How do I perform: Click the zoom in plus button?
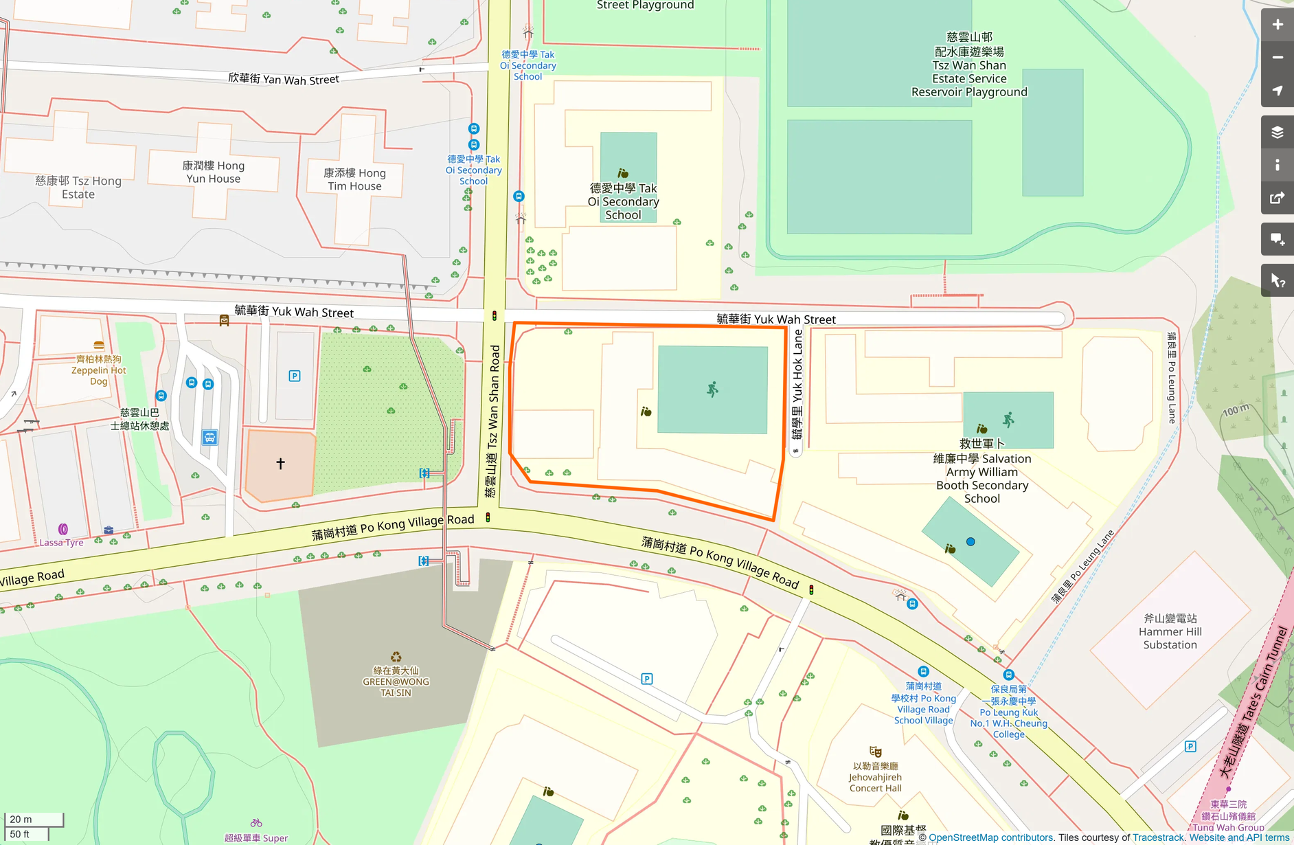click(1277, 25)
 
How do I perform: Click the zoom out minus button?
click(1277, 58)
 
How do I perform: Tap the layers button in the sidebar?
click(1277, 132)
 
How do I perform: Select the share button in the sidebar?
click(1277, 199)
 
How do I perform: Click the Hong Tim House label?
click(354, 179)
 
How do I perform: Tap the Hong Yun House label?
click(213, 172)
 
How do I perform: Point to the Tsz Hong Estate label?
click(78, 187)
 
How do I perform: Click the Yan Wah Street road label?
click(284, 79)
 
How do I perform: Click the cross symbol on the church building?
click(280, 464)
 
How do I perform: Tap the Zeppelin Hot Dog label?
click(99, 370)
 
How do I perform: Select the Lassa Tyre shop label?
click(61, 542)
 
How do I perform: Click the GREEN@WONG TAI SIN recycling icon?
click(396, 657)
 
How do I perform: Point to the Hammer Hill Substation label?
click(1170, 631)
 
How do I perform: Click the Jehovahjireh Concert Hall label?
click(875, 777)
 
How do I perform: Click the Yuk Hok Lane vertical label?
click(797, 385)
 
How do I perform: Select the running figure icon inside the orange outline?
click(713, 390)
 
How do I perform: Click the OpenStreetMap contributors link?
click(990, 837)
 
